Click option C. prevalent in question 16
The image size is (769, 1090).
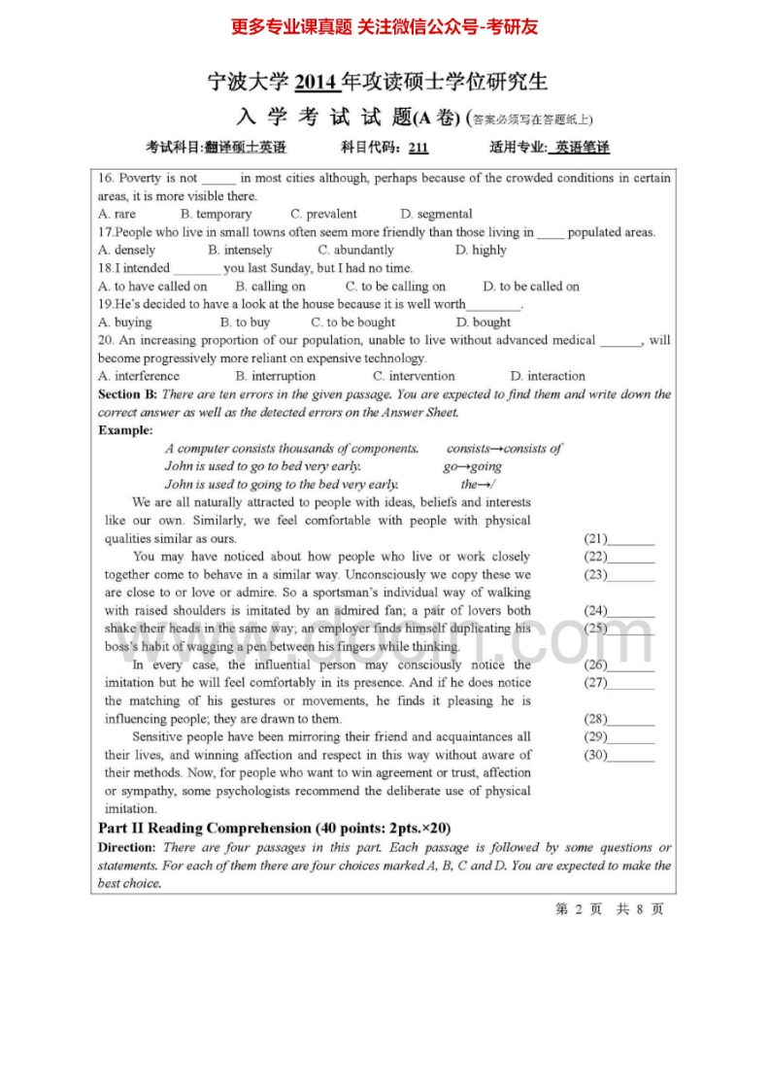click(323, 214)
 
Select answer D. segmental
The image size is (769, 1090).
click(436, 214)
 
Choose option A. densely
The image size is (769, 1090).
click(126, 250)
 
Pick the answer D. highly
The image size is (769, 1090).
click(481, 250)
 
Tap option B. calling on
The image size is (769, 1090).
click(270, 287)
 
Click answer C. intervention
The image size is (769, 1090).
click(414, 376)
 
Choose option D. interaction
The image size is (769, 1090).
click(548, 376)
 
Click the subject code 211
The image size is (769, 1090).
click(418, 148)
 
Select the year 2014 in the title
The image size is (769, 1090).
click(317, 83)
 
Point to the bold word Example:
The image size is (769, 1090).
click(125, 430)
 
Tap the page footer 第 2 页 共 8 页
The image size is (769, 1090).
click(609, 909)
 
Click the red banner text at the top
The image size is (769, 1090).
click(384, 27)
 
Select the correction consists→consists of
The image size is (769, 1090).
click(504, 449)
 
